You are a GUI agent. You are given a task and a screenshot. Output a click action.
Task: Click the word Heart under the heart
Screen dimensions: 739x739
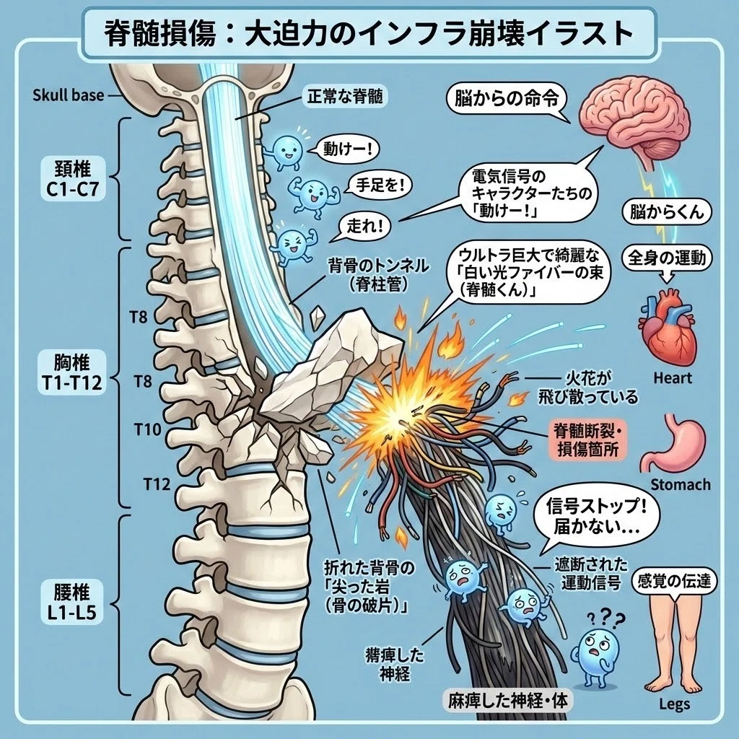[673, 378]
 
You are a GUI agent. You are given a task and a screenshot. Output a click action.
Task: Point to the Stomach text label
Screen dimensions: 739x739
[680, 484]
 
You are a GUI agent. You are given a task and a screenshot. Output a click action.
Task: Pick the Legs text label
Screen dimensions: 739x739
[675, 704]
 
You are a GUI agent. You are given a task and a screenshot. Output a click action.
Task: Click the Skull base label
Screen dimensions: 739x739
[68, 95]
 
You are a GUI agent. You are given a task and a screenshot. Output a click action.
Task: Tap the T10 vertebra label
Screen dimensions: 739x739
[147, 429]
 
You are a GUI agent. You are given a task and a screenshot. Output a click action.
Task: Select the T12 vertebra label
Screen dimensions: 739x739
[157, 483]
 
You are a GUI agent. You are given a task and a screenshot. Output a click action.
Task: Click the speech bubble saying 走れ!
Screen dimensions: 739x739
[363, 227]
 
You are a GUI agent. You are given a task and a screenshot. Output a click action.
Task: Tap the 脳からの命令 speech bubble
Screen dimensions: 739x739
[507, 100]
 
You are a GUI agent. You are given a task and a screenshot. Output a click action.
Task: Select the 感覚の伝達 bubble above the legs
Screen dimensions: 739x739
[674, 581]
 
